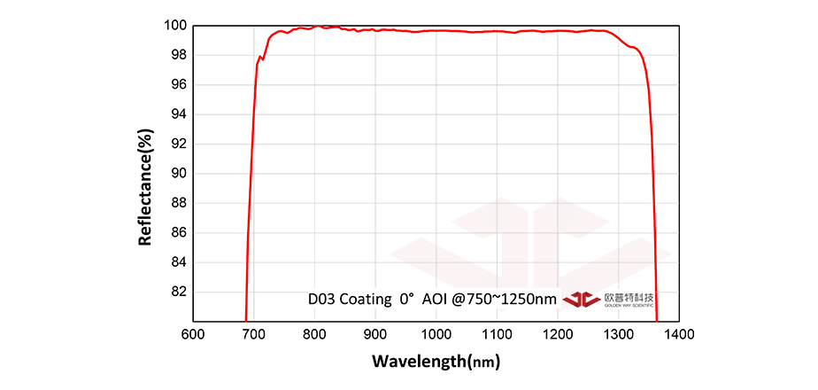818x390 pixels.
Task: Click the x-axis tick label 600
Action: point(193,334)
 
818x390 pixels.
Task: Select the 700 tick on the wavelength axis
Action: point(254,334)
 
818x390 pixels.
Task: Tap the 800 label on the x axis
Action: point(314,334)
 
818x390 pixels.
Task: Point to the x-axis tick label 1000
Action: point(436,334)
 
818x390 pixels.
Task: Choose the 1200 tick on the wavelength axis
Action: point(557,334)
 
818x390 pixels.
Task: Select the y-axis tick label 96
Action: point(177,85)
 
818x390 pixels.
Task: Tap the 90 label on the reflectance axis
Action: point(177,174)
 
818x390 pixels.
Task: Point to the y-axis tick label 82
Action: point(177,292)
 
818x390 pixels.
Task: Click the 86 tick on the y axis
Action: point(177,233)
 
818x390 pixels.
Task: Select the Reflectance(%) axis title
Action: point(146,187)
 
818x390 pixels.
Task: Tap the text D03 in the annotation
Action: point(321,300)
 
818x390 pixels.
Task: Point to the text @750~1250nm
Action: point(505,300)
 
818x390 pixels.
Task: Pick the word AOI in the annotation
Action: point(434,300)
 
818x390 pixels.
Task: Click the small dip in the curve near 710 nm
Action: point(263,59)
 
